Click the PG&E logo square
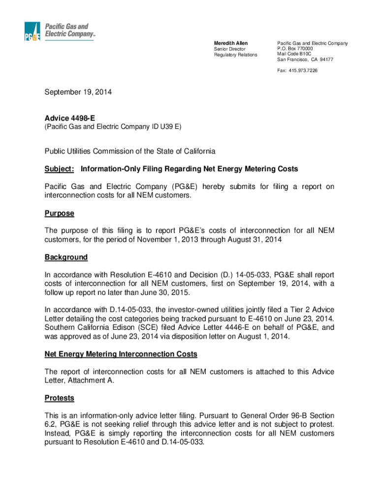click(32, 31)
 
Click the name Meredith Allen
click(231, 44)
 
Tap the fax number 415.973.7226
click(303, 70)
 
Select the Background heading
click(66, 257)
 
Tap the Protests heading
click(59, 397)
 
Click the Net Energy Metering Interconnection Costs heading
click(121, 354)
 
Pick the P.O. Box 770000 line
click(295, 49)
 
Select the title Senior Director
click(229, 49)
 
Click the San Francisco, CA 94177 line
click(305, 60)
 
